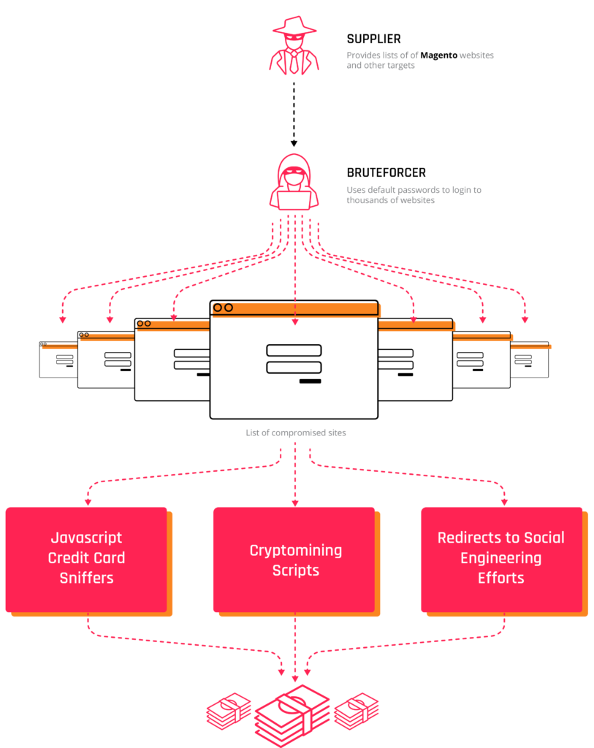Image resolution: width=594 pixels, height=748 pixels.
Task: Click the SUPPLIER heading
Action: (x=373, y=39)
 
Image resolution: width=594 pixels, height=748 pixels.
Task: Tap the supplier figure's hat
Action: (x=294, y=23)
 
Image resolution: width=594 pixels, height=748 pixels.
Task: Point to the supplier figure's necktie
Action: (x=294, y=61)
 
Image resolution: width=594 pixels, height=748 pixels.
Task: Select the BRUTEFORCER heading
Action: (x=387, y=173)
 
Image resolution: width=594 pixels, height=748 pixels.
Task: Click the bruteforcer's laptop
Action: (x=294, y=198)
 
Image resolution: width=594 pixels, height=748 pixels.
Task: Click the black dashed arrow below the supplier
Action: (x=294, y=113)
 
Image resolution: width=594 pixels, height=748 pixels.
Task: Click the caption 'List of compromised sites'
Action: (x=296, y=432)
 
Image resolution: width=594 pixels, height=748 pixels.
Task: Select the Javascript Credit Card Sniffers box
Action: (x=87, y=559)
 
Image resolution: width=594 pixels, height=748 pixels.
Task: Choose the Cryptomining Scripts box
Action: (x=294, y=560)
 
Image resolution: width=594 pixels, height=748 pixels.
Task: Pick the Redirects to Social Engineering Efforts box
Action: (x=501, y=559)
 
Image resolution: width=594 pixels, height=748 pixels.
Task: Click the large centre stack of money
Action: (x=293, y=715)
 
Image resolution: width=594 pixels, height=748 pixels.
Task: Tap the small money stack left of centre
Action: (x=229, y=711)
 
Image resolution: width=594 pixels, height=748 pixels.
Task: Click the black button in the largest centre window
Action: (x=310, y=381)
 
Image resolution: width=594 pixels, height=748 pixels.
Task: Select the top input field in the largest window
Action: (x=294, y=351)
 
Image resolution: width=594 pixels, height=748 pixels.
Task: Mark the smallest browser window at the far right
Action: (x=530, y=359)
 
